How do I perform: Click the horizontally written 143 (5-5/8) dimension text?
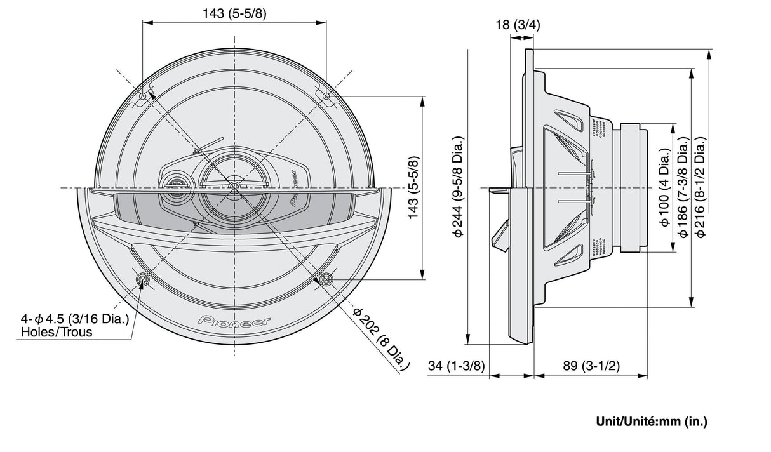(x=234, y=13)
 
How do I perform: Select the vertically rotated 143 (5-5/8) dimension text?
(x=413, y=188)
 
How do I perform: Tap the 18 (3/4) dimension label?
(x=518, y=25)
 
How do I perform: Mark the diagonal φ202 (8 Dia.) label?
(x=380, y=339)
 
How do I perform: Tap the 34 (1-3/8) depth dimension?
(x=455, y=366)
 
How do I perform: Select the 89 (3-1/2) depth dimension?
(x=591, y=366)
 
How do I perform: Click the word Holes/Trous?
(x=57, y=332)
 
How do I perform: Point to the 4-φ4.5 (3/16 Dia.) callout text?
(x=75, y=319)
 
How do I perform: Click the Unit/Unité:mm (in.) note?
(x=651, y=421)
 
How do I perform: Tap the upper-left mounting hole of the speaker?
(x=143, y=96)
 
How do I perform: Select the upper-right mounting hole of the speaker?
(x=326, y=96)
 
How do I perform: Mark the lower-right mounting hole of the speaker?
(x=326, y=279)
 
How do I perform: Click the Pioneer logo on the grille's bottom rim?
(x=234, y=321)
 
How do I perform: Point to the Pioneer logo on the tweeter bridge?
(x=293, y=188)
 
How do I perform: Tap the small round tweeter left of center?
(x=174, y=187)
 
